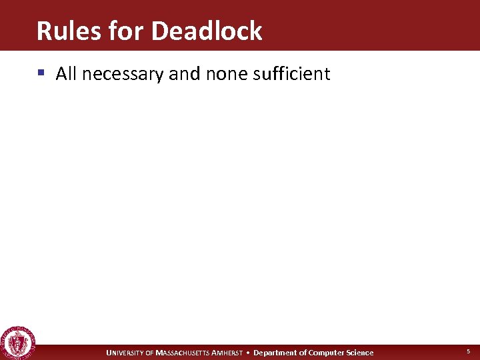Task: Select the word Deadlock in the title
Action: pos(207,31)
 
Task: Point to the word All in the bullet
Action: pos(66,73)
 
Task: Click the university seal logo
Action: pos(18,343)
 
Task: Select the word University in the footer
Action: pos(125,353)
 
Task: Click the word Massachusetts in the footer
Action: pos(182,353)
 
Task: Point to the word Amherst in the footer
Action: pos(227,353)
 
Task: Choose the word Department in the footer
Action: pos(275,353)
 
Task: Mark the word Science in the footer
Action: pos(359,353)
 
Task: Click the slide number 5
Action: pos(468,351)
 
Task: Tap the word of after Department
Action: pos(303,353)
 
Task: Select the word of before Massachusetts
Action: pos(149,353)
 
